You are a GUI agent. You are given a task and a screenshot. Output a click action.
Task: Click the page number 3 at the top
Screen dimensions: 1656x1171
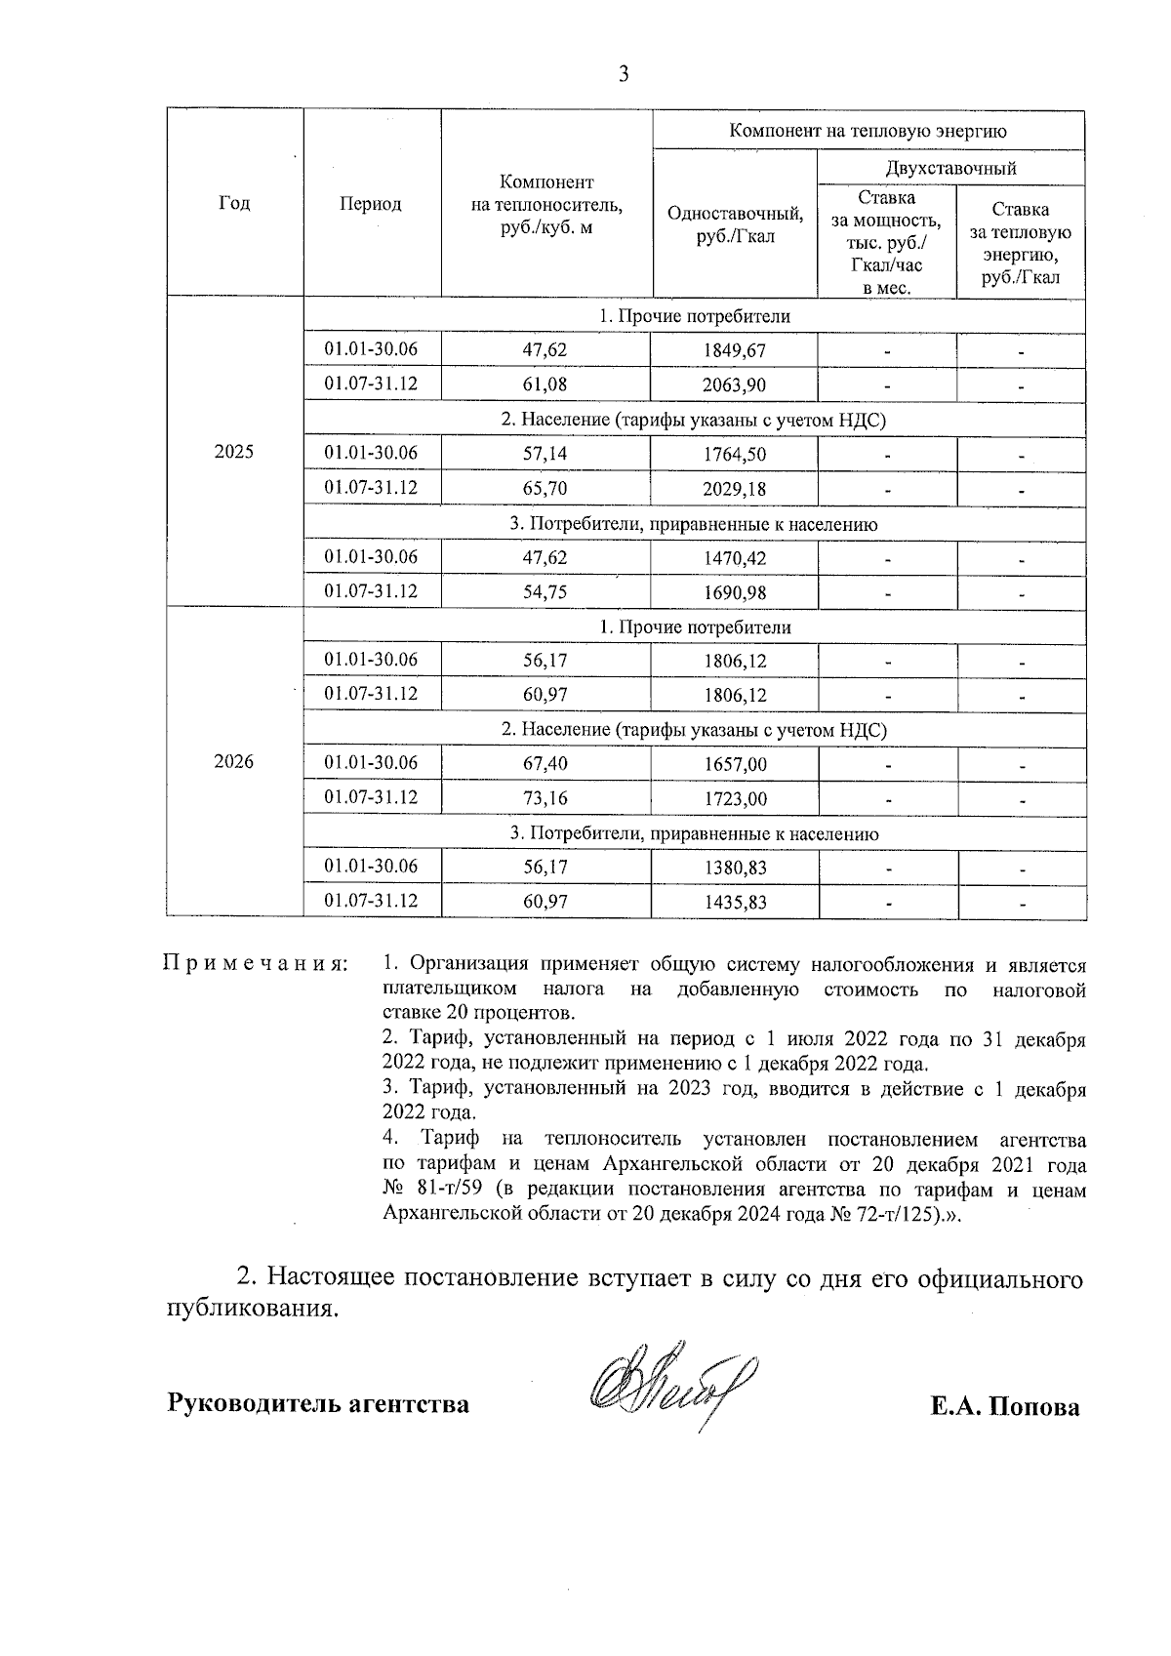(x=624, y=74)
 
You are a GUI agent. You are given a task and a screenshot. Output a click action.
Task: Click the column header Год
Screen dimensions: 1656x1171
(x=234, y=203)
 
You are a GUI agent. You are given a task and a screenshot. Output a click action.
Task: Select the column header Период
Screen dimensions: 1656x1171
(x=371, y=203)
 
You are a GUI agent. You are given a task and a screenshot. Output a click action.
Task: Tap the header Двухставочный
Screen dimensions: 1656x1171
(x=950, y=168)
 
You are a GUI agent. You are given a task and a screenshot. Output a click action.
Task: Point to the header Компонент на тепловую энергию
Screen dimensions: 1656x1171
(x=868, y=131)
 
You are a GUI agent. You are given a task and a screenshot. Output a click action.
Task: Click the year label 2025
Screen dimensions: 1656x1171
(x=234, y=452)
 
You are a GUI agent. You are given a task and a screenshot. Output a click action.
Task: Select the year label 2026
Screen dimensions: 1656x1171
(x=234, y=762)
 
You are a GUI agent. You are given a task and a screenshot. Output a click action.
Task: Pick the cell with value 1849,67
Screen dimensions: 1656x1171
(x=734, y=350)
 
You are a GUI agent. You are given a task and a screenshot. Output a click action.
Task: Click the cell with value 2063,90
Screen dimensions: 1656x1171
(x=734, y=384)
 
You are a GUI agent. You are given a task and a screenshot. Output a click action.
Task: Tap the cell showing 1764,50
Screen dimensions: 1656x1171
(x=734, y=454)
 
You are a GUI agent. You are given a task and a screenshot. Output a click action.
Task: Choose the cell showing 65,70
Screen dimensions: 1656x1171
(x=545, y=488)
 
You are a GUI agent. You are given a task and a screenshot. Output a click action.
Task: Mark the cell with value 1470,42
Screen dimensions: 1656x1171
(x=734, y=558)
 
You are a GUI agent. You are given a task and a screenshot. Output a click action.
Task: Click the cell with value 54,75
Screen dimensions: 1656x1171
(x=545, y=591)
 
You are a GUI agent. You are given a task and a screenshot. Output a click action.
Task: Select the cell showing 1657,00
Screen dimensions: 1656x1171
(x=734, y=764)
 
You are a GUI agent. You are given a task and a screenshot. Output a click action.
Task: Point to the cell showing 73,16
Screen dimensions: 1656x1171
(x=545, y=798)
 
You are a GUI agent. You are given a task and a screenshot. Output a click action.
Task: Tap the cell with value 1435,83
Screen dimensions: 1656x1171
(x=734, y=902)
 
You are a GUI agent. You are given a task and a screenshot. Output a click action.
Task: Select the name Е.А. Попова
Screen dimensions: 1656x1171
(x=1004, y=1406)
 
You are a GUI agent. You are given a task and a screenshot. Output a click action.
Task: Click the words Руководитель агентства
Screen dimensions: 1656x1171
(x=318, y=1404)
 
